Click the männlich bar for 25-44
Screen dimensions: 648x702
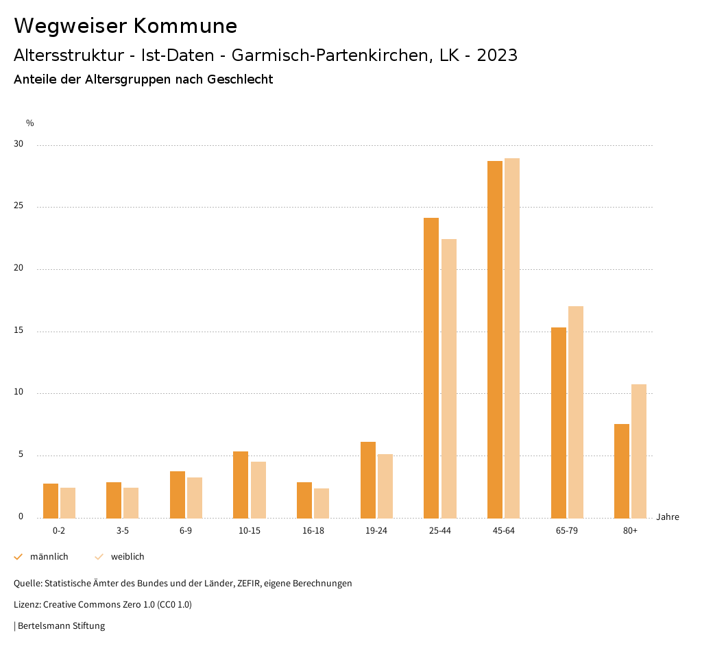point(431,368)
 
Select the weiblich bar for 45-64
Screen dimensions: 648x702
point(512,338)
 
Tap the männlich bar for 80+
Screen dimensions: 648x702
point(622,471)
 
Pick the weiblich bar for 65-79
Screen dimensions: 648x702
point(576,412)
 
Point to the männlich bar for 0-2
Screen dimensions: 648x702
point(51,501)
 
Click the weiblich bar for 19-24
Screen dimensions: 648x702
point(385,486)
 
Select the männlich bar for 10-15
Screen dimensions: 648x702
point(241,485)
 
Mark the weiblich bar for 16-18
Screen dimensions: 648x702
point(322,503)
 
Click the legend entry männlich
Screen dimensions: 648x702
point(49,557)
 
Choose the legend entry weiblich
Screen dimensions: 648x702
point(128,557)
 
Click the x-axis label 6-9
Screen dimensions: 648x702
point(186,531)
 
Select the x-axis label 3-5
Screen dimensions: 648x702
point(123,531)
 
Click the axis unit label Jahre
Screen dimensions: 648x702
point(668,517)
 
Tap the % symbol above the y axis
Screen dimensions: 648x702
point(30,123)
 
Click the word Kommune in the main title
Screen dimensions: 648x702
point(185,26)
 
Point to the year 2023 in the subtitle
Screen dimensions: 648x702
point(497,55)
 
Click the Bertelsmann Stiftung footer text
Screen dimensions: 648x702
point(61,625)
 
